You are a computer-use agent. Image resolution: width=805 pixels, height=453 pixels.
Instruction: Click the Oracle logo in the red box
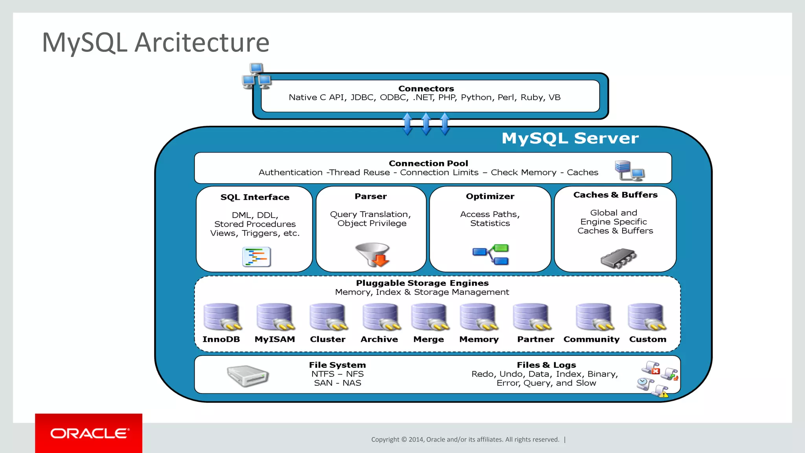point(89,433)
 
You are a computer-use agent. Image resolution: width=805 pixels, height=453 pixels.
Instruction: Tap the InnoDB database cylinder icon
point(222,317)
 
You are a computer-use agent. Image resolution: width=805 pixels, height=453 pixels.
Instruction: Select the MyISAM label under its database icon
point(274,339)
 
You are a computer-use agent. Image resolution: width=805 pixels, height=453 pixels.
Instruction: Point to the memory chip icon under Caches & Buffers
point(618,258)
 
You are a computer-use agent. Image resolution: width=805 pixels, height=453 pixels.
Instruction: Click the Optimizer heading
point(490,196)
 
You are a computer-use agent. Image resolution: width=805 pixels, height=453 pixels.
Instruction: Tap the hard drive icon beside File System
point(248,376)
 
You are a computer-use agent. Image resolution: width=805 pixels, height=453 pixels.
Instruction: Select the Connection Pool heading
point(428,163)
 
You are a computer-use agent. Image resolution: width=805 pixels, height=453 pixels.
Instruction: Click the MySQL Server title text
point(570,138)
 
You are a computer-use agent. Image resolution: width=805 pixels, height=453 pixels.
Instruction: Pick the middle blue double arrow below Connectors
point(426,124)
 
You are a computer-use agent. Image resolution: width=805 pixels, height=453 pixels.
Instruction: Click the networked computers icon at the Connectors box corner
point(257,76)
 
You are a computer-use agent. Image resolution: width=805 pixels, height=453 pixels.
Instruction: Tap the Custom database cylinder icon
point(647,317)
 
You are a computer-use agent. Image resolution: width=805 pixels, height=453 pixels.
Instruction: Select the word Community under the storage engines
point(591,339)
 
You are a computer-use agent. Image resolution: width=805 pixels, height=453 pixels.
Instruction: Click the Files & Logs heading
point(546,365)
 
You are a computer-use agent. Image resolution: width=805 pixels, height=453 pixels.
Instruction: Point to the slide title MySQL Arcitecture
point(156,42)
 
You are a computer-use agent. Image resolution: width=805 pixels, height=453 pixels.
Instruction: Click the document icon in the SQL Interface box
point(256,257)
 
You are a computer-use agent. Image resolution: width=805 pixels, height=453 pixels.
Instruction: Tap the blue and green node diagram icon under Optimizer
point(491,254)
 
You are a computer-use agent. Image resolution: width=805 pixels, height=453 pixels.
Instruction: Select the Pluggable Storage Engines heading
point(422,283)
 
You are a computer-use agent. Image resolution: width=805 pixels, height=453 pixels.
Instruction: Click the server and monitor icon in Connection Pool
point(629,170)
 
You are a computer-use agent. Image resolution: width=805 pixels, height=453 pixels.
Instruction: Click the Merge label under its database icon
point(428,339)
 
